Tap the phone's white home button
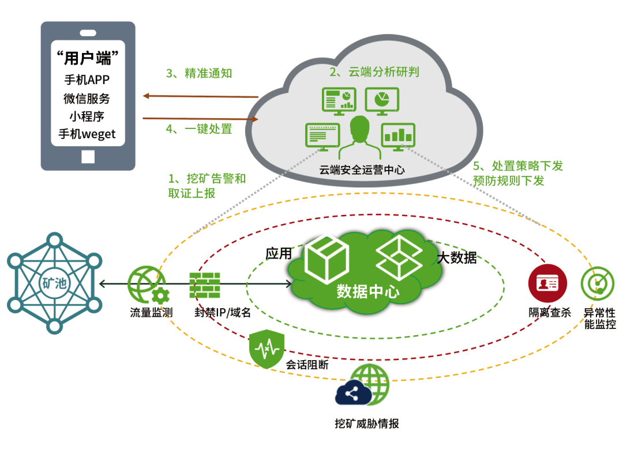(x=88, y=156)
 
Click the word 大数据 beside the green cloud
(x=457, y=258)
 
